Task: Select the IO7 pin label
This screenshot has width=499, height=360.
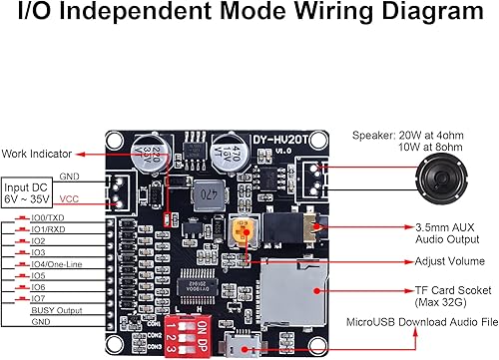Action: pos(39,298)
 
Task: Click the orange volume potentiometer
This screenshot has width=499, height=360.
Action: pos(241,230)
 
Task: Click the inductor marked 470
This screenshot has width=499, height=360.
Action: pos(207,193)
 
